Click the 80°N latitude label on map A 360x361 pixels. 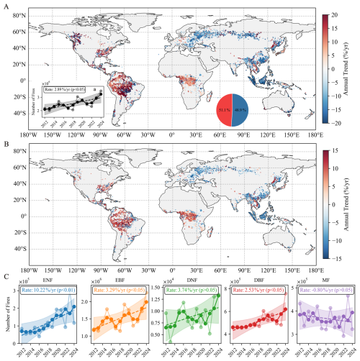tap(16, 14)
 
